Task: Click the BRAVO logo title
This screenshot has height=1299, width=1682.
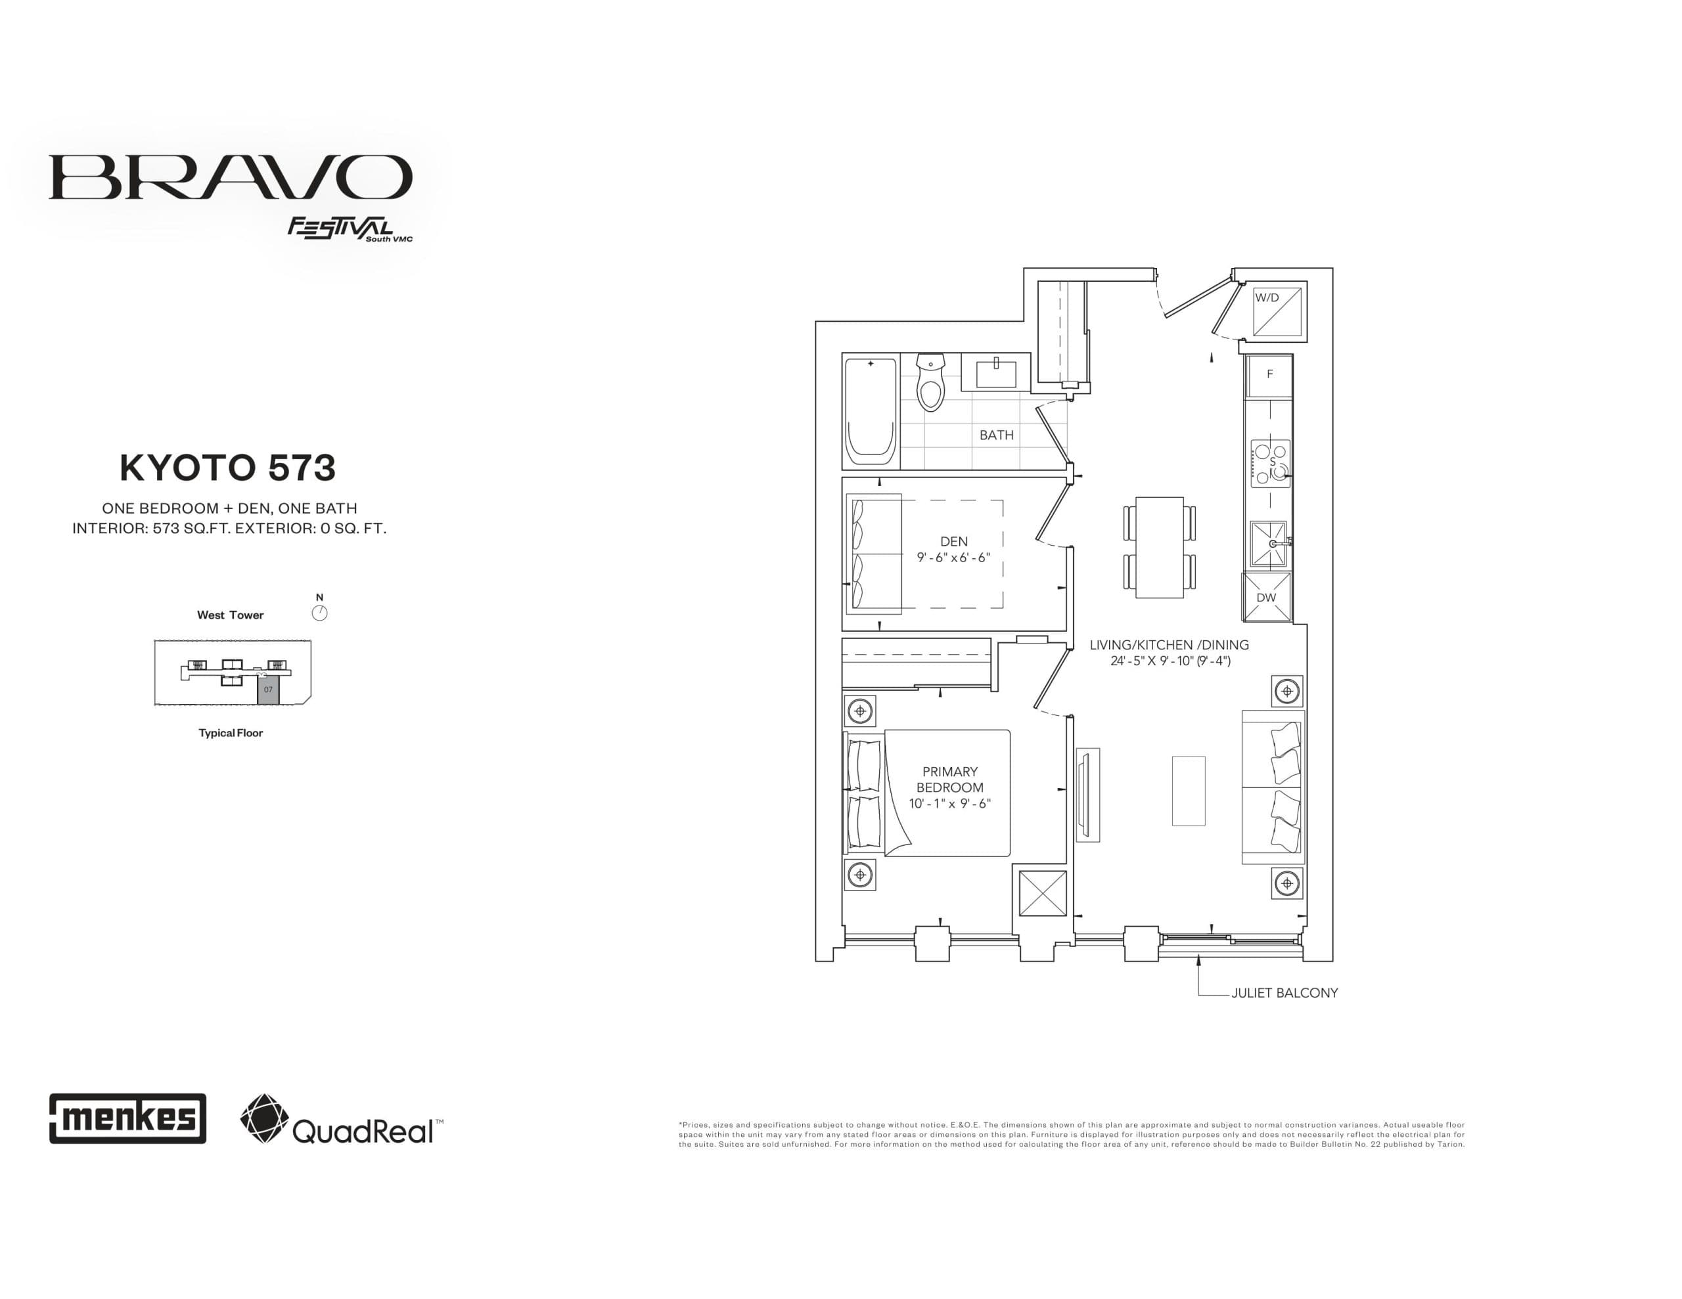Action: tap(230, 177)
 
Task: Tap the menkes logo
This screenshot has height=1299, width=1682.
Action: tap(128, 1118)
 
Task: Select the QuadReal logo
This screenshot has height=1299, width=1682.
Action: tap(341, 1119)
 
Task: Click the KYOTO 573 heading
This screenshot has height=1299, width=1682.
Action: tap(228, 468)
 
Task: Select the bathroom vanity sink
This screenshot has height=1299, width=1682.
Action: tap(996, 374)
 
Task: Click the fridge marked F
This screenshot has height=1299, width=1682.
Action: tap(1269, 375)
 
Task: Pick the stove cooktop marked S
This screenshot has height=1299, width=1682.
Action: tap(1270, 463)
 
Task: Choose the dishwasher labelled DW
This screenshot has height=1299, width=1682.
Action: tap(1266, 598)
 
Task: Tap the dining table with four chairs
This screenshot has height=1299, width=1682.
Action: tap(1159, 546)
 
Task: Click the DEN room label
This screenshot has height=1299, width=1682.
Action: tap(953, 541)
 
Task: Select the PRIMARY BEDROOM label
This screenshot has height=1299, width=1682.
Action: tap(949, 780)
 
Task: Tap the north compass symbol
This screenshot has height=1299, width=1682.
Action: tap(319, 613)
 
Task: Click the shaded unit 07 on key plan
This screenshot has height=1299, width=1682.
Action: tap(268, 689)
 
